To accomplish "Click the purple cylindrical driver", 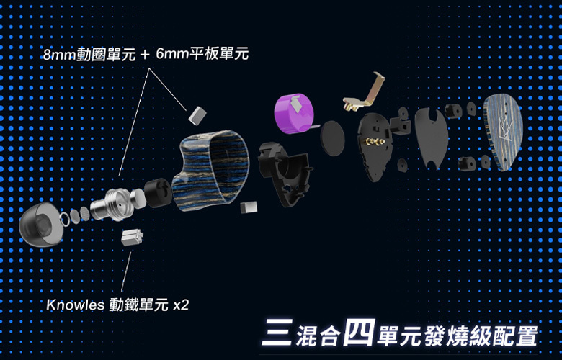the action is [x=295, y=111].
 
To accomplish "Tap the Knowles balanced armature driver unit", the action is [x=130, y=238].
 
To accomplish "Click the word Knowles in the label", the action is [x=75, y=305].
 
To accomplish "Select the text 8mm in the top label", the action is [x=60, y=54].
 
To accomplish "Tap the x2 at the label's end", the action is [x=182, y=305].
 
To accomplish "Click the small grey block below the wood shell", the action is [x=249, y=208].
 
